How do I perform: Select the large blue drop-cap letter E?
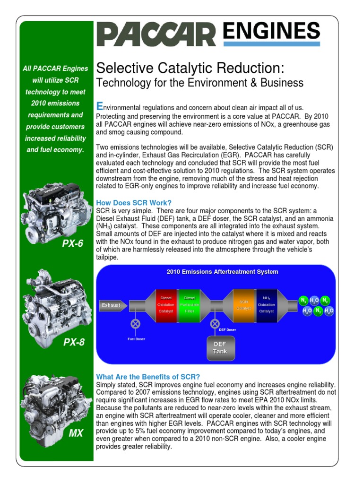tap(99, 105)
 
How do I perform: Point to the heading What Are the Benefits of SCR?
tap(148, 377)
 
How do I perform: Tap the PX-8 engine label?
tap(74, 342)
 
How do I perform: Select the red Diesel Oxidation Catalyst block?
tap(166, 305)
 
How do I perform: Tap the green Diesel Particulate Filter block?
tap(190, 305)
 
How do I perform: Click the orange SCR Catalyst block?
tap(244, 305)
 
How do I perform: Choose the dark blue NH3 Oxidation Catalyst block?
tap(266, 305)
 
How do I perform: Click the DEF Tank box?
tap(219, 348)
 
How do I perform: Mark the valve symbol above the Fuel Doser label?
tap(136, 324)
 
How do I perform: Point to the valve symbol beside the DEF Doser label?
tap(215, 324)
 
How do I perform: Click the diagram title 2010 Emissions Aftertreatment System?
tap(222, 272)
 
